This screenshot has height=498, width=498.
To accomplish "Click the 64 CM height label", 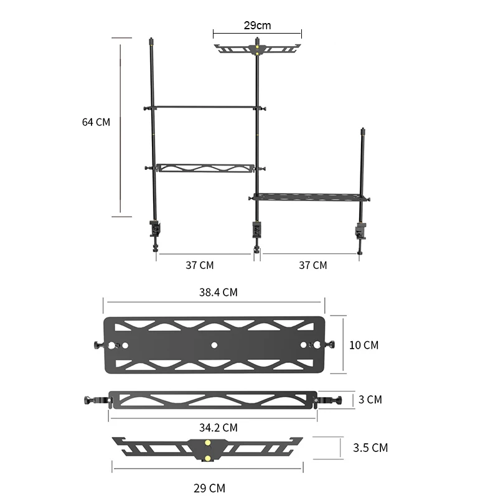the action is (96, 122).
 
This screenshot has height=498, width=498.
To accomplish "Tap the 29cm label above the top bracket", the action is (257, 26).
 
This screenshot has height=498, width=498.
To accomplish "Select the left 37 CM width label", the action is (199, 265).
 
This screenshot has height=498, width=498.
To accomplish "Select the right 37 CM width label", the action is (313, 265).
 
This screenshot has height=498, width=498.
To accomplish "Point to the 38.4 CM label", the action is (218, 292).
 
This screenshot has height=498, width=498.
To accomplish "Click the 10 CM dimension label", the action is (364, 345).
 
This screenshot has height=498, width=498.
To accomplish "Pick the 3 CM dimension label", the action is (370, 400).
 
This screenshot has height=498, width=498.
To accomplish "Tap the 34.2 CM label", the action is (218, 428).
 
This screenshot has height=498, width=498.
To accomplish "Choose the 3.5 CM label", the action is (370, 448).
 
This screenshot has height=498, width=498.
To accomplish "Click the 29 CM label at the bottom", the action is (209, 488).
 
